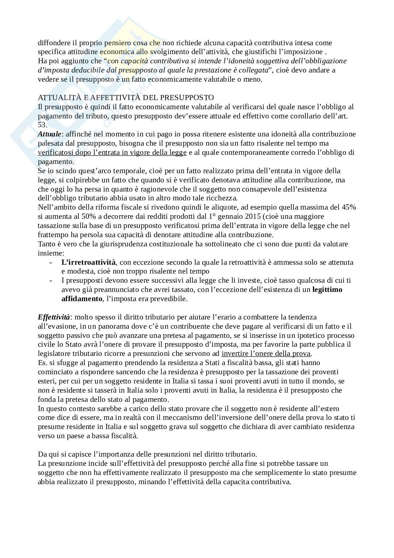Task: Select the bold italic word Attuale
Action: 49,134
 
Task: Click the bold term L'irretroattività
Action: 88,262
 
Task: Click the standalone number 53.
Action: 42,125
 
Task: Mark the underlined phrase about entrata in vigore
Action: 112,152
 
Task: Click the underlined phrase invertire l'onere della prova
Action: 266,353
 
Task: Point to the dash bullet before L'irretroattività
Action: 52,262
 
